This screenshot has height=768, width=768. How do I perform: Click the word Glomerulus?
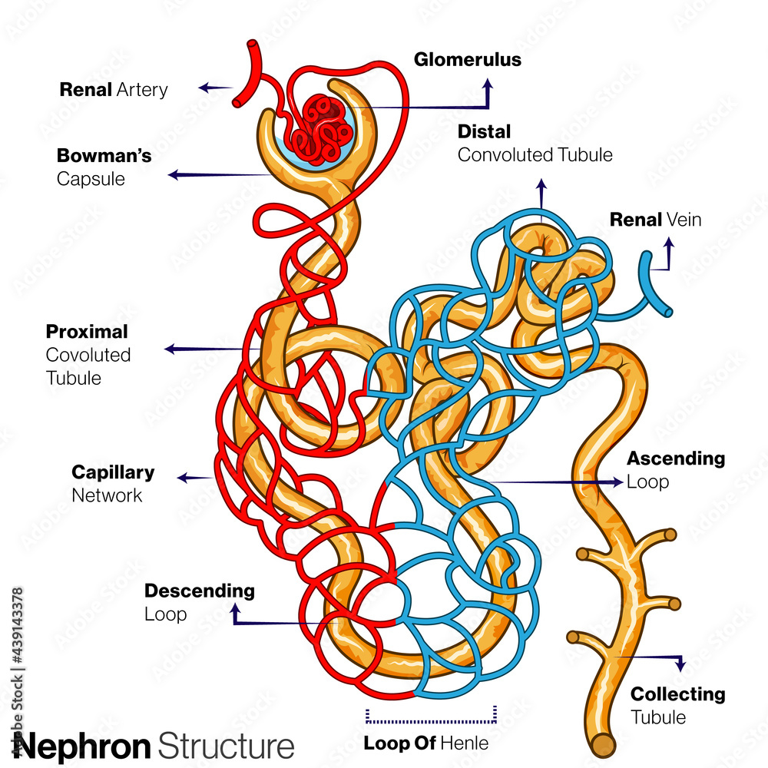point(467,60)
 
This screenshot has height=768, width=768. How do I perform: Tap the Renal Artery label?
point(114,90)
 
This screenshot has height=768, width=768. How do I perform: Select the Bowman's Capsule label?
point(104,167)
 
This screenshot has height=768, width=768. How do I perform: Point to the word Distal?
point(484,132)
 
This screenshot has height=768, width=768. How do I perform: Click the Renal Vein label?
point(655,220)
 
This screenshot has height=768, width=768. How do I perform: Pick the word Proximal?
point(87,332)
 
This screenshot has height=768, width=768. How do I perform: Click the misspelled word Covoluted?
point(88,355)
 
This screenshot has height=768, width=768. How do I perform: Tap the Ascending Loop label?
point(675,470)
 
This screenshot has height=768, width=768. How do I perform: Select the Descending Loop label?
point(199,602)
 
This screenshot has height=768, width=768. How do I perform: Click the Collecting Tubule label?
point(677,705)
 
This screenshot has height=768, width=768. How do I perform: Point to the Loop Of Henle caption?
point(425,743)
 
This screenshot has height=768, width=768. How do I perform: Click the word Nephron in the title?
point(82,746)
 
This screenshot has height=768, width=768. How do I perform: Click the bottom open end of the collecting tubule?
point(603,745)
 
